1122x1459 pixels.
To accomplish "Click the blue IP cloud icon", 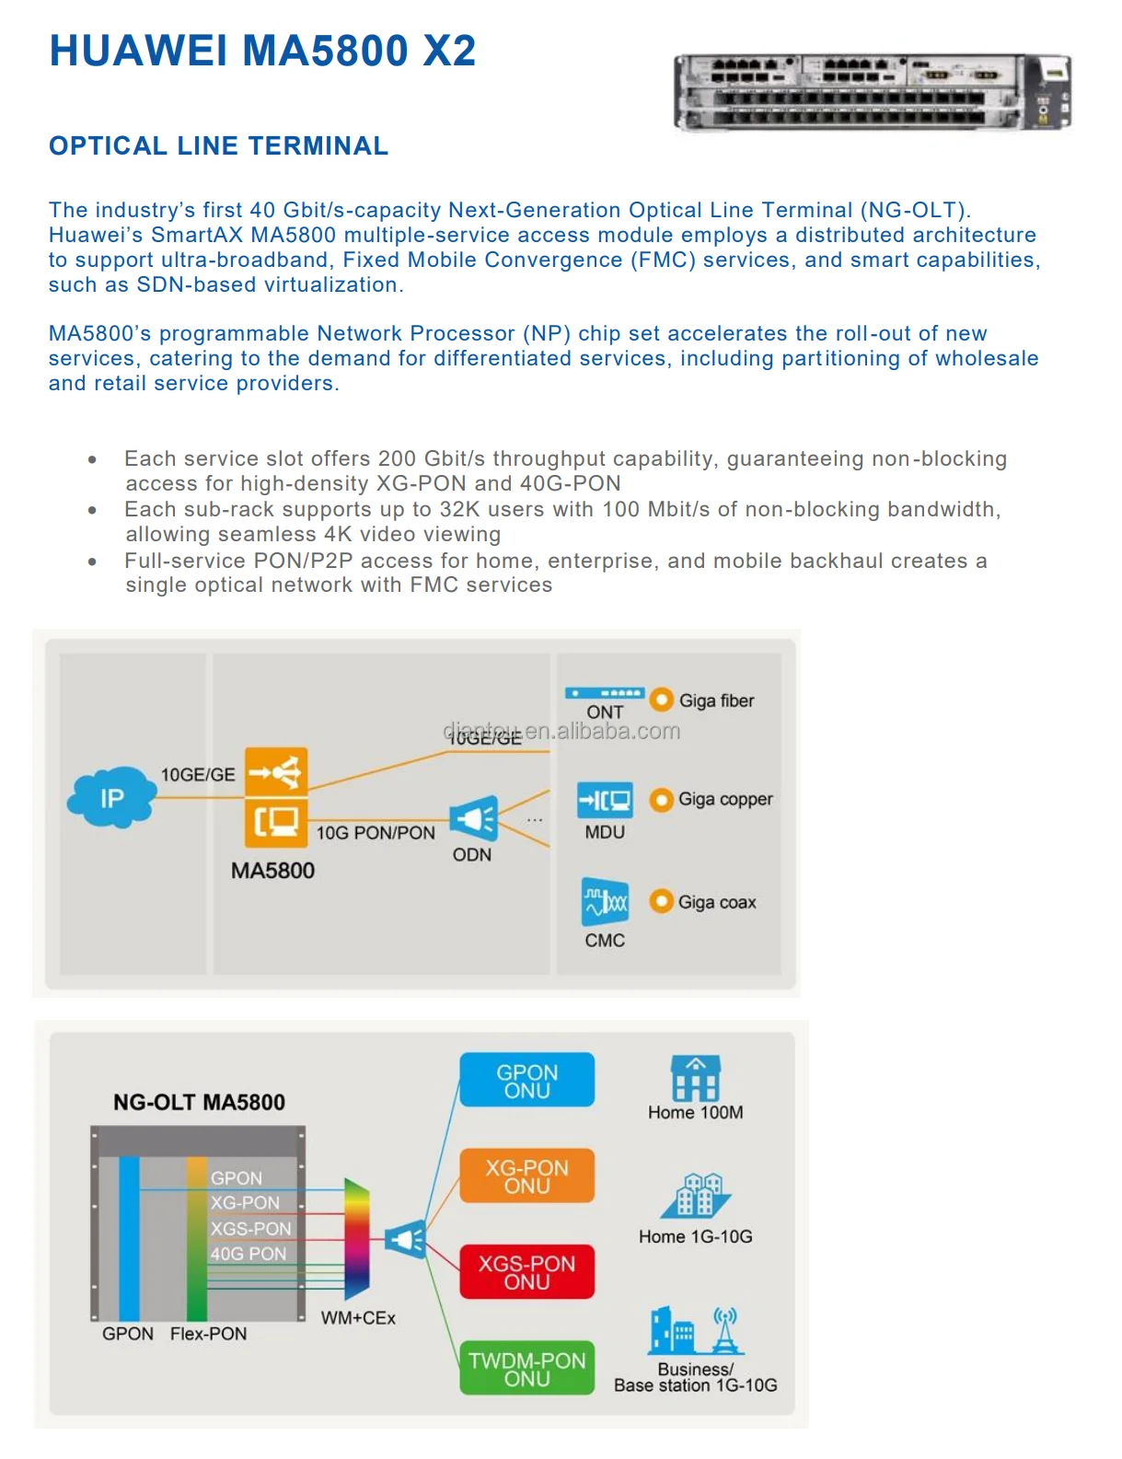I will pyautogui.click(x=111, y=797).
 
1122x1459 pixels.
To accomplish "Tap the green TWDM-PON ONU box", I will pyautogui.click(x=526, y=1369).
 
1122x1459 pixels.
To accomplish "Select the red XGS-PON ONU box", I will pyautogui.click(x=526, y=1272).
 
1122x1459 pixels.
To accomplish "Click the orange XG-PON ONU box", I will pyautogui.click(x=526, y=1176).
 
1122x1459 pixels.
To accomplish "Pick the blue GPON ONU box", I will pyautogui.click(x=526, y=1081).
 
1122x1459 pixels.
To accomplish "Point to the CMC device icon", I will pyautogui.click(x=605, y=901).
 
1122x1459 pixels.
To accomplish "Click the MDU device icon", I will pyautogui.click(x=605, y=800).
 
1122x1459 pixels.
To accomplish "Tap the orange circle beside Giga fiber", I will pyautogui.click(x=661, y=700).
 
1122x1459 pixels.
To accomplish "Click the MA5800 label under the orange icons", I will pyautogui.click(x=272, y=871).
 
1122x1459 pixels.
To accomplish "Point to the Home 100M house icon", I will pyautogui.click(x=696, y=1079).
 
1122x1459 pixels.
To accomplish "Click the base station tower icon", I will pyautogui.click(x=725, y=1331).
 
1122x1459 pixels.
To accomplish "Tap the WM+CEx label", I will pyautogui.click(x=358, y=1318).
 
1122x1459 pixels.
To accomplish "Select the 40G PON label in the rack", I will pyautogui.click(x=248, y=1254).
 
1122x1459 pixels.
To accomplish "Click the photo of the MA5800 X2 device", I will pyautogui.click(x=872, y=92).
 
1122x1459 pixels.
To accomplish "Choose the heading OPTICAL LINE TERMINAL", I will pyautogui.click(x=218, y=146).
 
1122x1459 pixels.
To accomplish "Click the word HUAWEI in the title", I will pyautogui.click(x=138, y=51).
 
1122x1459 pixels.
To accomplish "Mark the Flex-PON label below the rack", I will pyautogui.click(x=208, y=1334).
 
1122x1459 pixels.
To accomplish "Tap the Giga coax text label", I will pyautogui.click(x=717, y=902).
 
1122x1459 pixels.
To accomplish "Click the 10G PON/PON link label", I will pyautogui.click(x=376, y=833).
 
